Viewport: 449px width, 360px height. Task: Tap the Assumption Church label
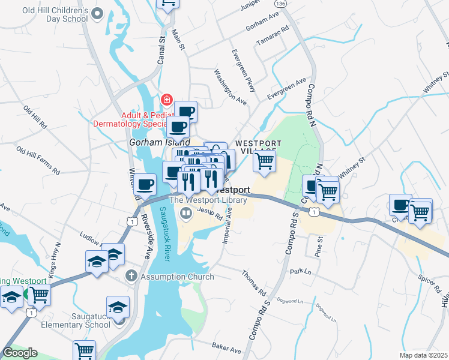pyautogui.click(x=177, y=277)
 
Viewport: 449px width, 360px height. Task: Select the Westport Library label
pyautogui.click(x=208, y=200)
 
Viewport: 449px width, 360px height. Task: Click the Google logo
pyautogui.click(x=20, y=353)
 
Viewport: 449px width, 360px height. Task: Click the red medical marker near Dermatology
pyautogui.click(x=167, y=100)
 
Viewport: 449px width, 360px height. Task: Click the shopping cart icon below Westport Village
pyautogui.click(x=264, y=162)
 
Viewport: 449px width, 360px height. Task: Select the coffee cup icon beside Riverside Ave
pyautogui.click(x=144, y=185)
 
